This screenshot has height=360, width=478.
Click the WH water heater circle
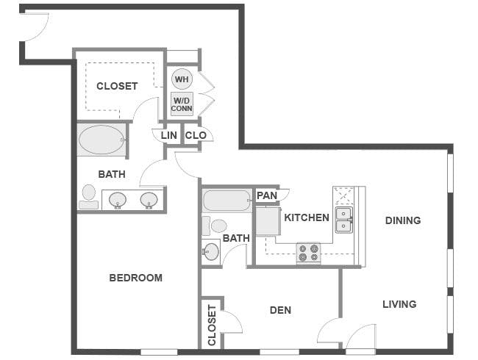pos(182,79)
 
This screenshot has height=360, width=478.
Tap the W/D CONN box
pos(182,104)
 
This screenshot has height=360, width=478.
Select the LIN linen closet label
pos(169,135)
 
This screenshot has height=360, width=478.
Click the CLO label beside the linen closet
pos(196,135)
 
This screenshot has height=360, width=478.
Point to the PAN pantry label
pos(267,195)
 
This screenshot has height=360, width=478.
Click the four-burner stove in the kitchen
pos(309,253)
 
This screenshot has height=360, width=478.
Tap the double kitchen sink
pos(344,220)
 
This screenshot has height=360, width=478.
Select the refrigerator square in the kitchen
pos(268,221)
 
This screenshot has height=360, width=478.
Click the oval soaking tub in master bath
pos(101,140)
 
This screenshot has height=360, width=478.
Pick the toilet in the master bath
pos(89,197)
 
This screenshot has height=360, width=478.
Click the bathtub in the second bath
pos(226,201)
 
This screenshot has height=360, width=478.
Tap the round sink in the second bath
pos(211,251)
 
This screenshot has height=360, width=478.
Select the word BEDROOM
pos(135,278)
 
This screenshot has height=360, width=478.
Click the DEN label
pos(280,310)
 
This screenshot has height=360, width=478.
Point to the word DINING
pos(403,220)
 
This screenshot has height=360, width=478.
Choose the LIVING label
pos(399,304)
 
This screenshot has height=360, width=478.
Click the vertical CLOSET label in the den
pos(212,325)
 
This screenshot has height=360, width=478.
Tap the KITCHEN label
pos(307,217)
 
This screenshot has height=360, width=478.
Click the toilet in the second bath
pos(215,226)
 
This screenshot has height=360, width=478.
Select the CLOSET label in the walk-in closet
pos(117,86)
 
